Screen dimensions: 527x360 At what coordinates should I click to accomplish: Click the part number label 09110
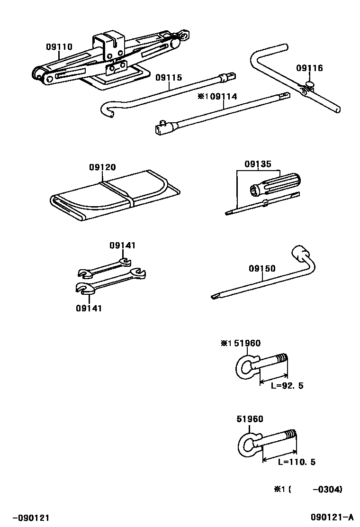coord(59,47)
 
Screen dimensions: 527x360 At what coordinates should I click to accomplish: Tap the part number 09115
coord(169,78)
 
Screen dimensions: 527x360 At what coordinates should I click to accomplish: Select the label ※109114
coord(217,97)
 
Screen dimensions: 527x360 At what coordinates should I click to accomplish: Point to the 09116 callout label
coord(309,68)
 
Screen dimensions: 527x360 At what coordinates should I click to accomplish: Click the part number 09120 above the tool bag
coord(102,167)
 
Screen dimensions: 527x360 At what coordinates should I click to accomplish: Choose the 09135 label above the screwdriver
coord(258,164)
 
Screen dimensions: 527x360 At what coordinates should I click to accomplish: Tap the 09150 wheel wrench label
coord(262,268)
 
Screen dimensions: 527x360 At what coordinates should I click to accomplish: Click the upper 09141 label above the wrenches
coord(122,245)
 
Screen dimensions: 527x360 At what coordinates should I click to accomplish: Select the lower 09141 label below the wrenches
coord(89,308)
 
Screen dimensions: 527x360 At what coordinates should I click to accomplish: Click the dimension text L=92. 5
coord(287,386)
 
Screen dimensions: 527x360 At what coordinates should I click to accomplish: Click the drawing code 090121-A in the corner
coord(332,517)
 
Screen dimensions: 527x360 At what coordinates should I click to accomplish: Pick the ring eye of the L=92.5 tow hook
coord(244,366)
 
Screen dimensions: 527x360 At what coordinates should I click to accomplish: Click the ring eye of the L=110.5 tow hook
coord(247,445)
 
